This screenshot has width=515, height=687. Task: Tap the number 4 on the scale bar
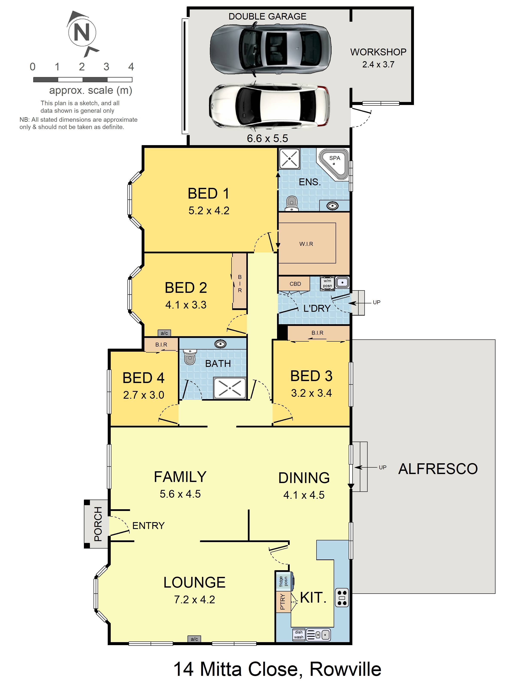(x=131, y=67)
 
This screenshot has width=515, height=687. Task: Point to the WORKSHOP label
(x=378, y=52)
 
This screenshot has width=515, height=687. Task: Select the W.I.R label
(x=306, y=244)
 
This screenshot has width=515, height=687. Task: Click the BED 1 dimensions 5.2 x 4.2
(x=209, y=211)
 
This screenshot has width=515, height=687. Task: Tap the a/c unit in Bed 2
(x=164, y=333)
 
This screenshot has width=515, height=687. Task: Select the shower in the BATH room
(x=230, y=388)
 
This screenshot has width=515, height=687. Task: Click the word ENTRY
(x=148, y=526)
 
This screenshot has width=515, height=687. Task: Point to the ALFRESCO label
(x=438, y=469)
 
